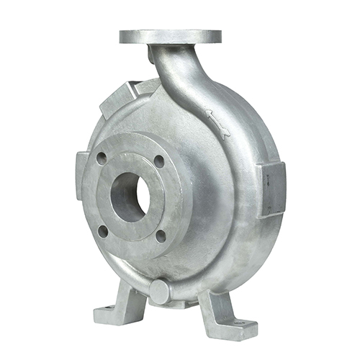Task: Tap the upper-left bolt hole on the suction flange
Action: [x=102, y=158]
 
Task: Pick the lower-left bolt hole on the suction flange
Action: [x=103, y=230]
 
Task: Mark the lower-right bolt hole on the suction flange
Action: [x=161, y=235]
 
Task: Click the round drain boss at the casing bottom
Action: [x=159, y=290]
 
